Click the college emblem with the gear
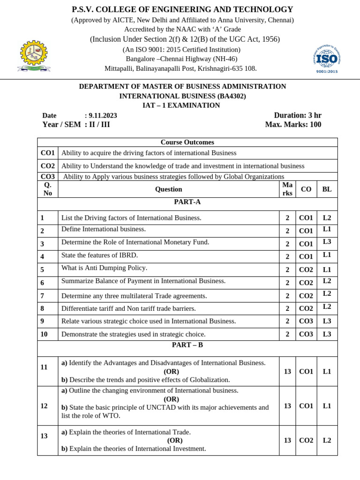pos(34,56)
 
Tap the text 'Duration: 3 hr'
pos(298,115)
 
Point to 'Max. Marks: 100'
pos(293,125)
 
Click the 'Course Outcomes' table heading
pos(187,142)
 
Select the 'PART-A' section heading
pos(187,202)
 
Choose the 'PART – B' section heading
pos(187,345)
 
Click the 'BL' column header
pos(327,189)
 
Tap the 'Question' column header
pos(168,189)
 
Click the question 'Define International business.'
pos(104,229)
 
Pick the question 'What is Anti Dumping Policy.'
pos(104,268)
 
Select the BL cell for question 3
pos(327,242)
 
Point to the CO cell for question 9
pos(306,322)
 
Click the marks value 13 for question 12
pos(287,406)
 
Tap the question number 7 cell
pos(43,296)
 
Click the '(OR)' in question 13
pos(175,441)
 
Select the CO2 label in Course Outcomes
pos(48,166)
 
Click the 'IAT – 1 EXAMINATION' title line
pos(181,105)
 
